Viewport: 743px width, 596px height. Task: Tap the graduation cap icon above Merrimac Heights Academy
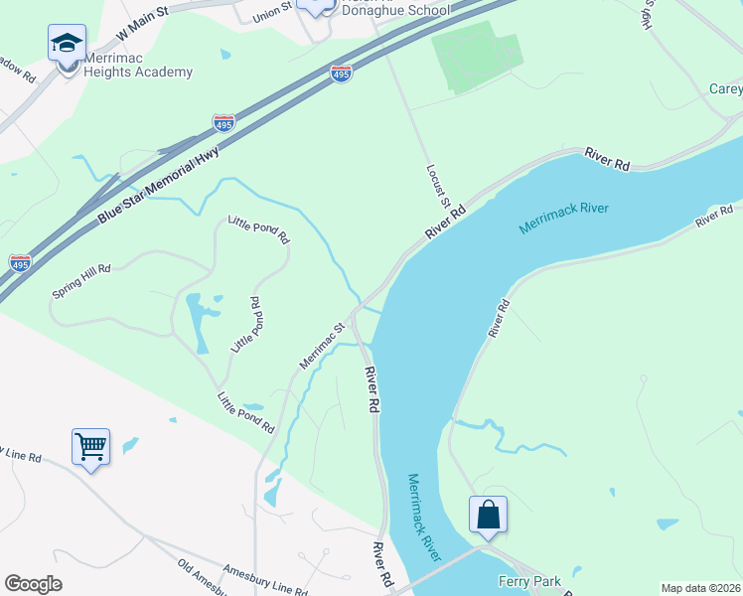pyautogui.click(x=67, y=43)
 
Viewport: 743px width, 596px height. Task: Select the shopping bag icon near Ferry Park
pyautogui.click(x=488, y=515)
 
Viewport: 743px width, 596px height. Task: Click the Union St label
pyautogui.click(x=272, y=13)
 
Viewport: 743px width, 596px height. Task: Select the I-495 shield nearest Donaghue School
pyautogui.click(x=341, y=74)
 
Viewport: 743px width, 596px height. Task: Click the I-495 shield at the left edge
pyautogui.click(x=19, y=262)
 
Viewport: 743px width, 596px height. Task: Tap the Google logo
pyautogui.click(x=33, y=584)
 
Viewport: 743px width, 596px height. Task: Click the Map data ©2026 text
pyautogui.click(x=700, y=588)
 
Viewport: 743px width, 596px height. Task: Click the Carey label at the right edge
pyautogui.click(x=725, y=89)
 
